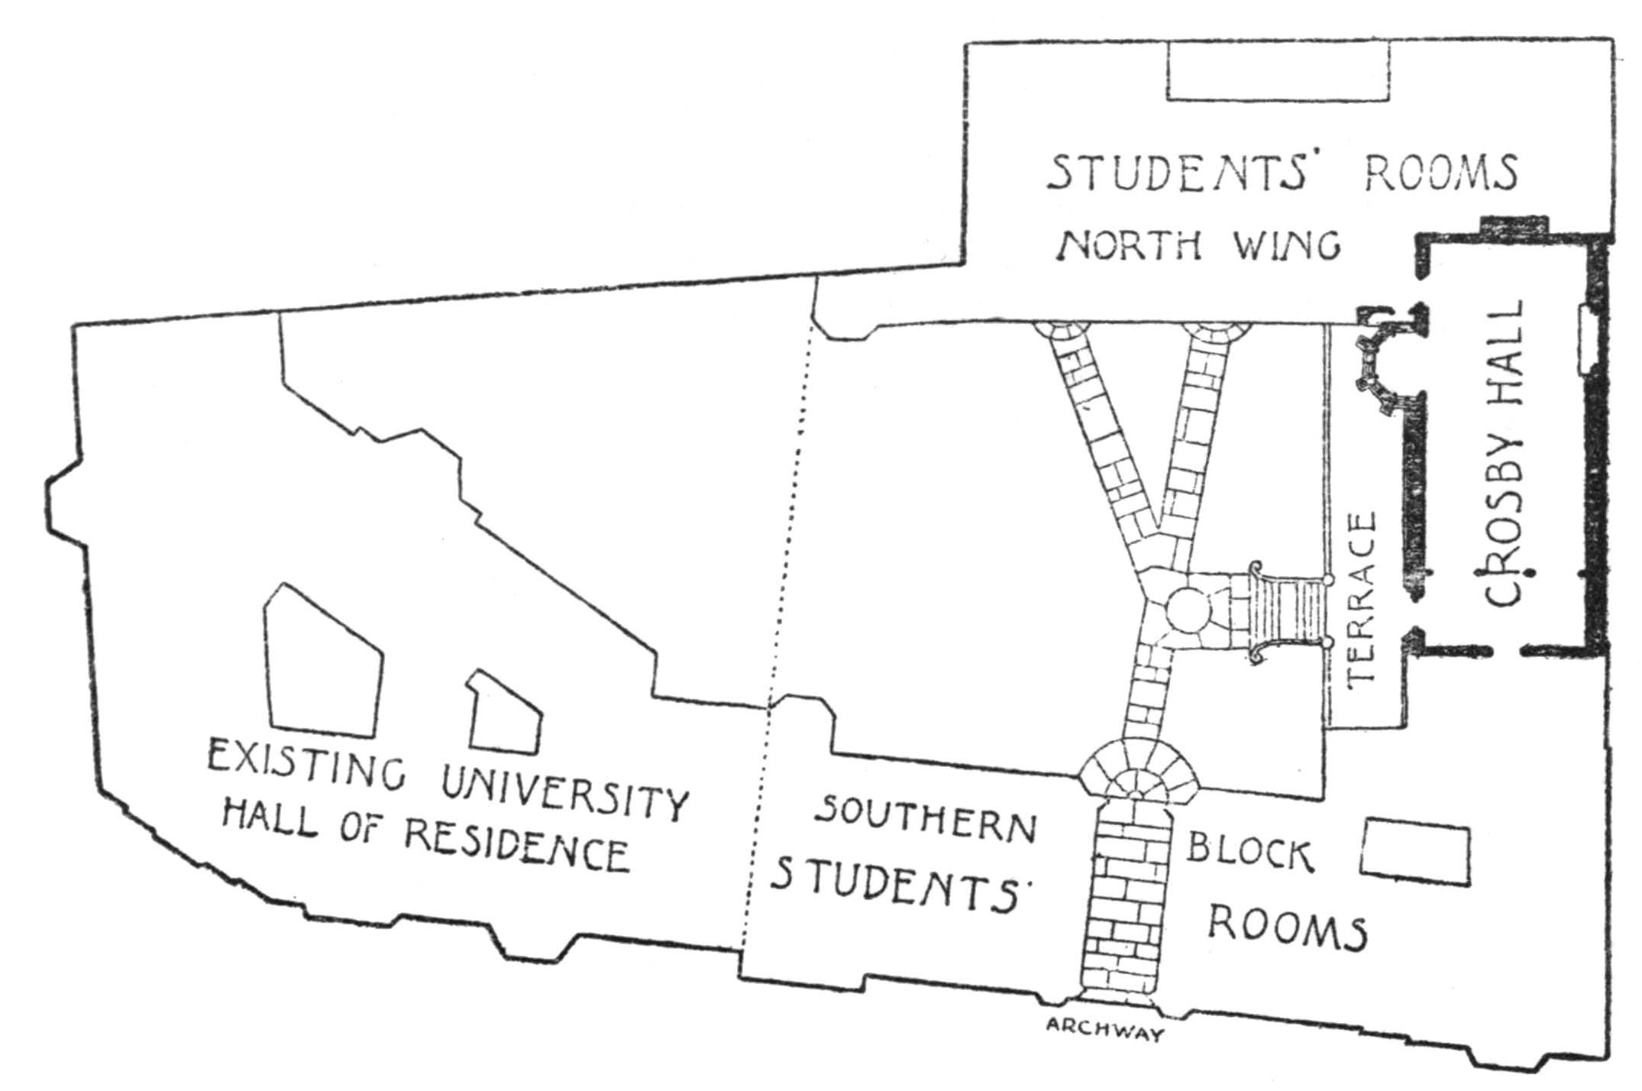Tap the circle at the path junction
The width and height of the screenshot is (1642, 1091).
(1188, 610)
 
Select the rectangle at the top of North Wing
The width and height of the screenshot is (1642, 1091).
(1278, 70)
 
